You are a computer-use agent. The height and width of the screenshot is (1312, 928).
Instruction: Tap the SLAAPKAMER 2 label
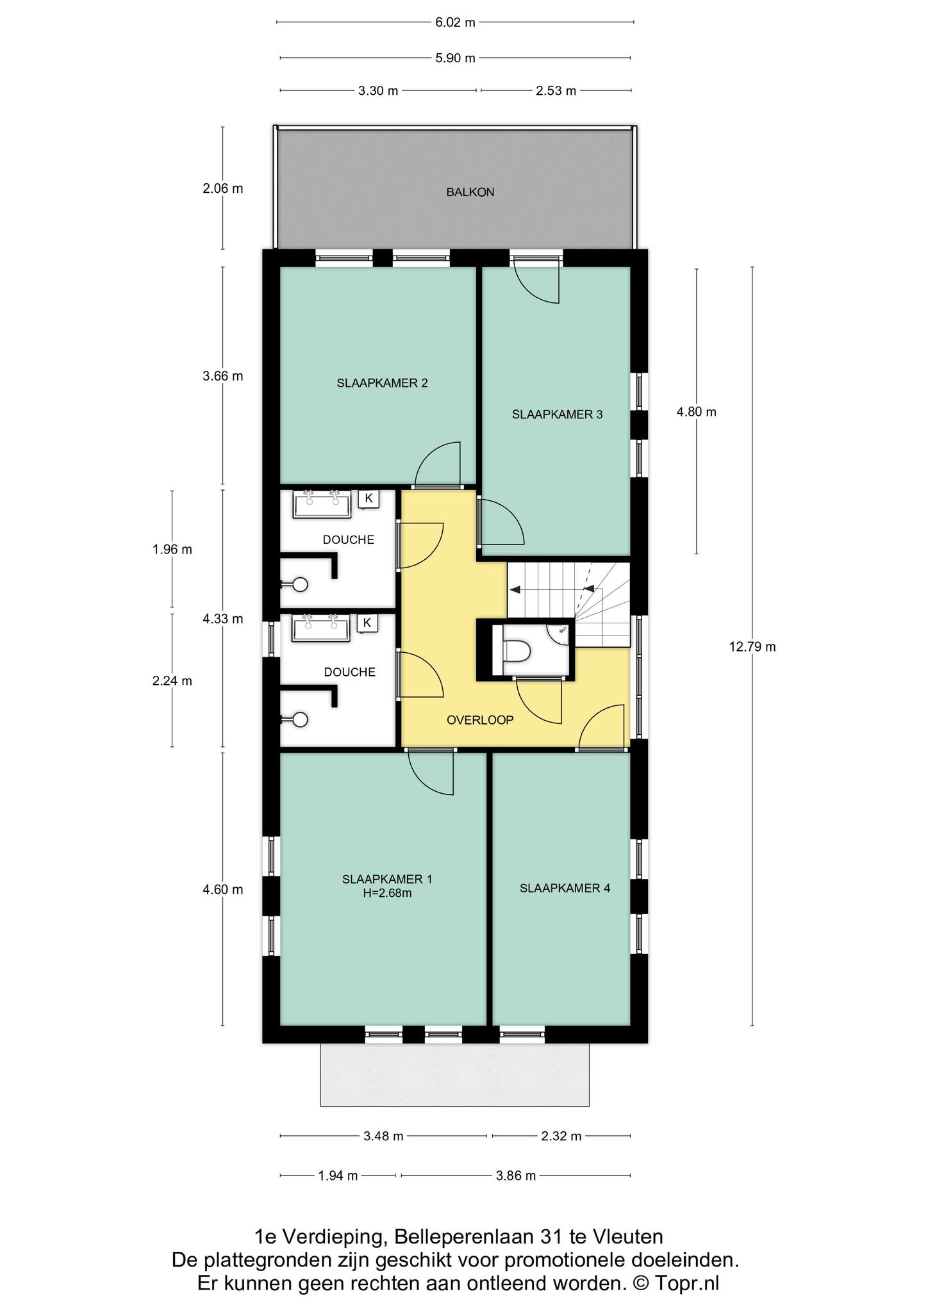pos(382,383)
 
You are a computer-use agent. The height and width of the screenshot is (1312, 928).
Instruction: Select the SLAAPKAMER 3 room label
pos(557,414)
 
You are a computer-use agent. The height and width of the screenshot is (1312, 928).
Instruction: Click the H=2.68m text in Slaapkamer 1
pos(386,892)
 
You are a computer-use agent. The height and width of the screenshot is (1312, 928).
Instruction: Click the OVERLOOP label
pos(480,720)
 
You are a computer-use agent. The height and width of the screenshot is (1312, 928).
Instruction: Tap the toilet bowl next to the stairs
pos(517,652)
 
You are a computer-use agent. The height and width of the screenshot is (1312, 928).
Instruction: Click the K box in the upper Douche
pos(368,498)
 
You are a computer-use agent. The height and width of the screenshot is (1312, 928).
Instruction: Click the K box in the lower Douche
pos(367,623)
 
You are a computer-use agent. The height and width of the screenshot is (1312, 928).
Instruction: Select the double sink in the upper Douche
pos(322,504)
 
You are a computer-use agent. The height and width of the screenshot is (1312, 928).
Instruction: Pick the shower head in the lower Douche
pos(299,720)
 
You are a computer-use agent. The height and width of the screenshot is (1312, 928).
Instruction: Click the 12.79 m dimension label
pos(752,647)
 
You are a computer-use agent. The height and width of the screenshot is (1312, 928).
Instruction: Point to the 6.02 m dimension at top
pos(455,22)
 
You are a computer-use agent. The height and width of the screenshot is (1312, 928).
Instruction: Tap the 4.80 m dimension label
pos(696,412)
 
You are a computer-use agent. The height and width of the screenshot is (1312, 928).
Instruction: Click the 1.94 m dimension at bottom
pos(338,1176)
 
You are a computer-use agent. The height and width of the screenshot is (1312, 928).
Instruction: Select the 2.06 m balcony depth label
pos(222,189)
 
